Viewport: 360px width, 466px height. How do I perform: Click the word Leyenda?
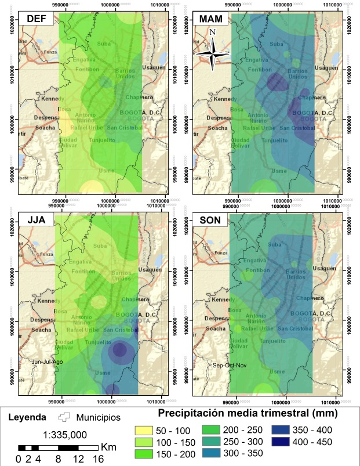click(x=28, y=417)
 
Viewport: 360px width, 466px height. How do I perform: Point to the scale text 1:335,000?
click(x=57, y=434)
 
